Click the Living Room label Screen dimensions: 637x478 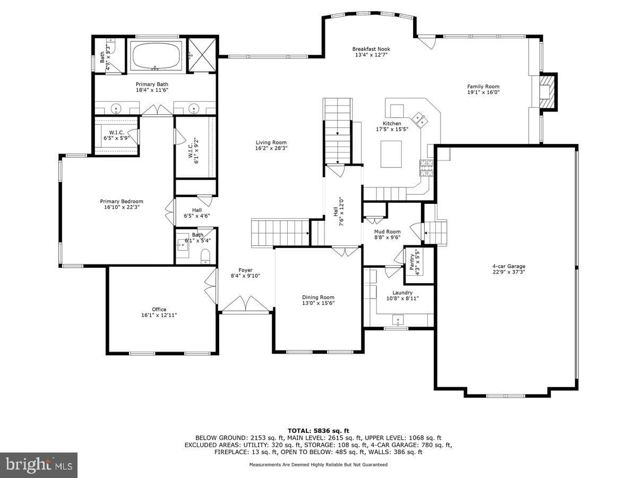pos(271,142)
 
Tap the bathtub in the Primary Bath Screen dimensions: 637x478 pos(156,56)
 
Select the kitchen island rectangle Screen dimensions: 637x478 pos(391,154)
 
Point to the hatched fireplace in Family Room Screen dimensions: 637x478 pos(547,92)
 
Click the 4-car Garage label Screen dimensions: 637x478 pos(509,266)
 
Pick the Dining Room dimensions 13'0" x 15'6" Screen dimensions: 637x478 pos(318,303)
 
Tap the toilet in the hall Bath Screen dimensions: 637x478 pos(205,257)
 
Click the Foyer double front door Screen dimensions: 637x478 pos(246,304)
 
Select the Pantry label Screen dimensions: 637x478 pos(412,262)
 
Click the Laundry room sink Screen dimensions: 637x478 pos(398,320)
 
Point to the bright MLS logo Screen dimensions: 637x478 pos(39,465)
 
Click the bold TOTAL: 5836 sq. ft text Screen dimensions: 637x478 pos(318,431)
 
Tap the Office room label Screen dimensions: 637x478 pos(159,310)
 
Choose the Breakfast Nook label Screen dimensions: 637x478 pos(371,49)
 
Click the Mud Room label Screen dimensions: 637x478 pos(387,232)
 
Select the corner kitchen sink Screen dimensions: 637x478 pos(420,119)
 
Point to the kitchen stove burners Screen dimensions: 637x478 pos(426,168)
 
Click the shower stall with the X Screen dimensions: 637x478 pos(202,55)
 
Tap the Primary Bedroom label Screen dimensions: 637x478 pos(122,201)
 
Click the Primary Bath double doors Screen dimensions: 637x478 pos(157,109)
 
